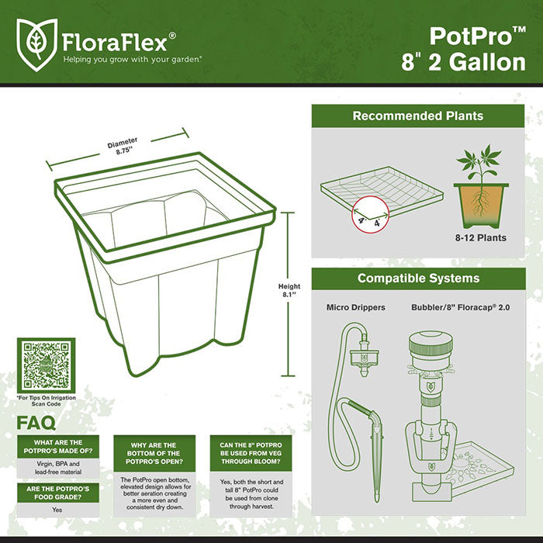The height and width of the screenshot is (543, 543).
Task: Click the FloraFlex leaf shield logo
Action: (x=36, y=41)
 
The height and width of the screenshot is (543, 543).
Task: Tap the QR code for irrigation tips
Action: (x=46, y=365)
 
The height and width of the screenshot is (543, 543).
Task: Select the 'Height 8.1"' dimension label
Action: (x=289, y=291)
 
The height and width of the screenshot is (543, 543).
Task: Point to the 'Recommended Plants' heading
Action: (x=417, y=116)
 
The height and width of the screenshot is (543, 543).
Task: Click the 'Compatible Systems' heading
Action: (x=417, y=278)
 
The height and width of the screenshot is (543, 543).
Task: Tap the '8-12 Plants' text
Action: (x=481, y=238)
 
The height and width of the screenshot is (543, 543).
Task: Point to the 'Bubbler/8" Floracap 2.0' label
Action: (x=461, y=308)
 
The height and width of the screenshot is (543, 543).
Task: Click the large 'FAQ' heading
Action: (x=36, y=424)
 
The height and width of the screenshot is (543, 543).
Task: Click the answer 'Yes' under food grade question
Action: (x=57, y=510)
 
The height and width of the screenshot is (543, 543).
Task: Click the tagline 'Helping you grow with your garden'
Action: (x=133, y=58)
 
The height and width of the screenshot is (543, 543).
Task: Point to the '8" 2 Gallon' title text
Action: (x=463, y=62)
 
